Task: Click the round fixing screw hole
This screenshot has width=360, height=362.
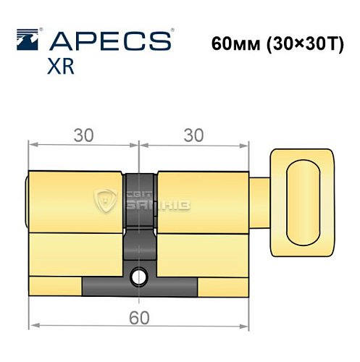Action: [x=138, y=276]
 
